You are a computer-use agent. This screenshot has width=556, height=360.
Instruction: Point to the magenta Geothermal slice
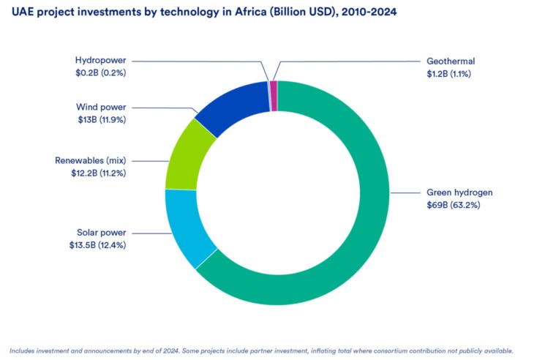[274, 96]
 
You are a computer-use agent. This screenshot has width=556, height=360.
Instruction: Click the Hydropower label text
[100, 61]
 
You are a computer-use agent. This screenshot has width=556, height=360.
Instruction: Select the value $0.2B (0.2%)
[100, 73]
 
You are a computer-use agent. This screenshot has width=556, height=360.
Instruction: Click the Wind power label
[101, 107]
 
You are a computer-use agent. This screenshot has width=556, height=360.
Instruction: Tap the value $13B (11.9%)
[102, 120]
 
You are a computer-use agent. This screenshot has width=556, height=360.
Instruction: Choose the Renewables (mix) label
[91, 161]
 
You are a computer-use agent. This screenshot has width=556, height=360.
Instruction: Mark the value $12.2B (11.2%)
[98, 173]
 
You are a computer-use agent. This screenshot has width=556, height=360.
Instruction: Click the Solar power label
[102, 233]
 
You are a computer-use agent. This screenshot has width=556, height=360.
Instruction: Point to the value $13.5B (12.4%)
[97, 245]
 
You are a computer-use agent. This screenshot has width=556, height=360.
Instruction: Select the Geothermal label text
[451, 61]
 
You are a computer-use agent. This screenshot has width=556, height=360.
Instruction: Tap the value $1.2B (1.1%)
[448, 74]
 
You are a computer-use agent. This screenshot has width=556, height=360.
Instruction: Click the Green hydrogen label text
[459, 192]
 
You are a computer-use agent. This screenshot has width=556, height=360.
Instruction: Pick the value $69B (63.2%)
[453, 205]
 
